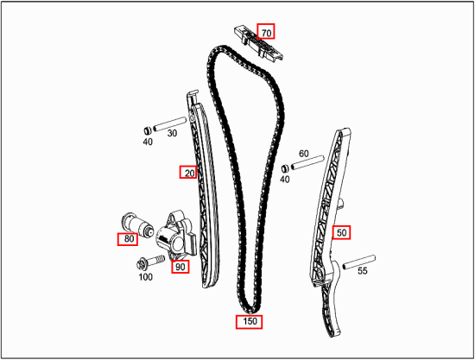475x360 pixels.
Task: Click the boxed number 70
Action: coord(266,31)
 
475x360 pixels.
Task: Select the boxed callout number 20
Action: coord(188,172)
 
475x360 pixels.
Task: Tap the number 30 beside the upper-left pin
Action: coord(172,133)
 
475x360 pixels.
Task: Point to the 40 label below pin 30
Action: coord(148,142)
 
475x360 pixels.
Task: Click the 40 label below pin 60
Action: coord(284,180)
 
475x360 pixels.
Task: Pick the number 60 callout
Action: coord(303,154)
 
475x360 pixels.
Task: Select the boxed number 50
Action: coord(341,232)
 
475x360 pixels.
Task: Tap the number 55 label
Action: coord(363,271)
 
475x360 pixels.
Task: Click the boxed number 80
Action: coord(128,239)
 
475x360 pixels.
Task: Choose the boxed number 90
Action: coord(180,267)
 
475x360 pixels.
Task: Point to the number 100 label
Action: coord(145,277)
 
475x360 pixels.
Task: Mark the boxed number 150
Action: coord(250,321)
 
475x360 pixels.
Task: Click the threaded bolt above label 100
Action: coord(150,262)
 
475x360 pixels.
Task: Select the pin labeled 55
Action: coord(359,262)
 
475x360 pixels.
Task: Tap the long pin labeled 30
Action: coord(169,124)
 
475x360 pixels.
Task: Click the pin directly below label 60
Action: coord(307,162)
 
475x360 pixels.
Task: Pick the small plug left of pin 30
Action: coord(148,130)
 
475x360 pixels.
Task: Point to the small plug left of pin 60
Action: coord(285,168)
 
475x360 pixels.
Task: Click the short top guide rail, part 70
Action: coord(258,45)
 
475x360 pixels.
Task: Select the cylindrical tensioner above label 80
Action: coord(137,224)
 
